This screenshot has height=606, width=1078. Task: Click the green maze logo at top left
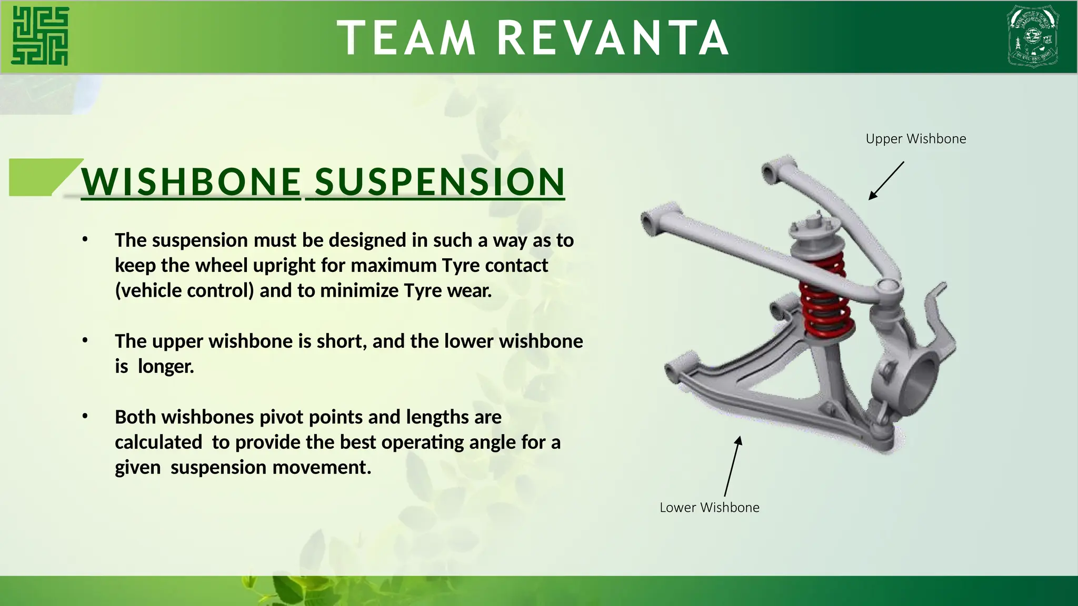[40, 36]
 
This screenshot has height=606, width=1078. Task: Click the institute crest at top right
[1032, 36]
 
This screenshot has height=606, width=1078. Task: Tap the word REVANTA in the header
[613, 38]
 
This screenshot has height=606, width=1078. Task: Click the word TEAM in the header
[406, 38]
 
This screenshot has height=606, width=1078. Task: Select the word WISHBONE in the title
[191, 182]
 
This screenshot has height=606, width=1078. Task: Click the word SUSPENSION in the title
[440, 182]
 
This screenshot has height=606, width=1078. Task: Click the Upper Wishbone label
[915, 139]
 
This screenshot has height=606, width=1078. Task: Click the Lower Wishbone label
[709, 508]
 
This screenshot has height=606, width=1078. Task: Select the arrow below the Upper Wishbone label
[886, 180]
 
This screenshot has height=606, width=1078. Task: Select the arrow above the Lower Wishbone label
[733, 466]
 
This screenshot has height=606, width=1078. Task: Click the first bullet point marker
[85, 240]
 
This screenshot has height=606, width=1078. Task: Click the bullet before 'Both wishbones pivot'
[85, 417]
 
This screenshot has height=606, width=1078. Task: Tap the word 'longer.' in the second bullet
[166, 367]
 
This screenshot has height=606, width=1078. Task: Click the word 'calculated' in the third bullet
[158, 442]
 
